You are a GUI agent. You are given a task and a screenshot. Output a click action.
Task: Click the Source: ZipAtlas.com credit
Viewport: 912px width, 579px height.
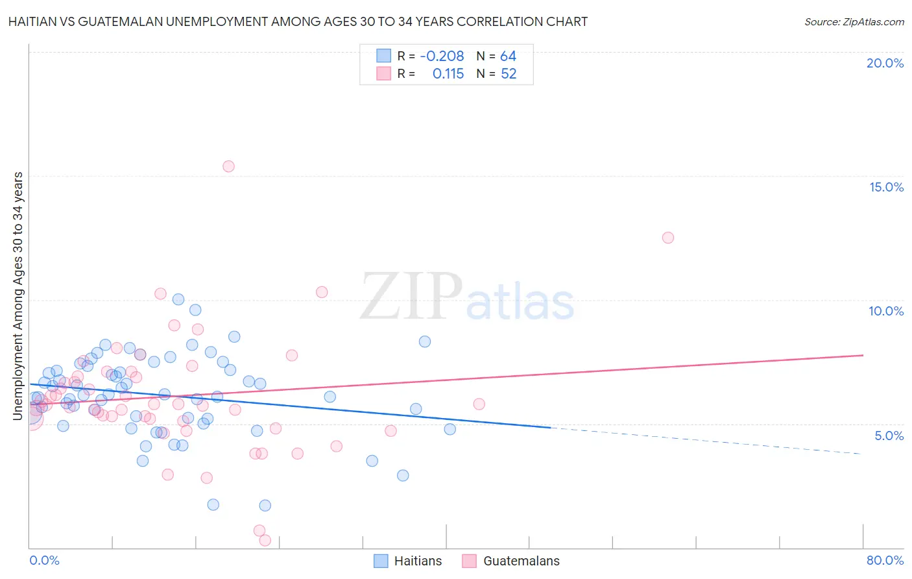coord(854,21)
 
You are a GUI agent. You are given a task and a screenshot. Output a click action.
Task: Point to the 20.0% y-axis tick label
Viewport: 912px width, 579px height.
coord(885,63)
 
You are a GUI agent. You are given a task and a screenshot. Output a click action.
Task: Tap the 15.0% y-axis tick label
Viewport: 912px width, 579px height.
coord(886,187)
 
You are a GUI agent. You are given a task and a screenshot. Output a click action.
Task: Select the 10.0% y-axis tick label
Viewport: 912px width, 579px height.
coord(886,311)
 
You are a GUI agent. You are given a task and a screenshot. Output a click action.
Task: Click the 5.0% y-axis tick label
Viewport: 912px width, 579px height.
coord(889,436)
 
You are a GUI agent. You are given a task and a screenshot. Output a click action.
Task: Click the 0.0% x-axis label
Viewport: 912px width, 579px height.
coord(44,560)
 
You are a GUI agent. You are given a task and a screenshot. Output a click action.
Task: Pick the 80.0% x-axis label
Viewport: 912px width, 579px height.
coord(885,560)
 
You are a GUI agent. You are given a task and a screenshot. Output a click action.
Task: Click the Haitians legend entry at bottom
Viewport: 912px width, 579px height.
coord(408,561)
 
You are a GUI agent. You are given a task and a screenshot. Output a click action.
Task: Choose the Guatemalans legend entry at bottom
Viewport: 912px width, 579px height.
coord(510,561)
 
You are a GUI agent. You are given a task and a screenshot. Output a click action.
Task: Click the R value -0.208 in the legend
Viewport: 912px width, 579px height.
coord(442,56)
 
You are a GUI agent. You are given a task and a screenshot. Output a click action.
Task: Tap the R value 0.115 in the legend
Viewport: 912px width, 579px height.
coord(448,74)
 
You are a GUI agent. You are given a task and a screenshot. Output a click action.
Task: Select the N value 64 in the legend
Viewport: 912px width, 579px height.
coord(508,56)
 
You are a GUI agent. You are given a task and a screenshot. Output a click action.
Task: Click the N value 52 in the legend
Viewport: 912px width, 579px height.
coord(509,74)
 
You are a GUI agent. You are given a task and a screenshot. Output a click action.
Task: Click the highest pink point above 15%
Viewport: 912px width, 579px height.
coord(228,166)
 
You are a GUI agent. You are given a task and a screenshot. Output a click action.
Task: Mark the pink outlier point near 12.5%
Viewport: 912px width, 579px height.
coord(668,238)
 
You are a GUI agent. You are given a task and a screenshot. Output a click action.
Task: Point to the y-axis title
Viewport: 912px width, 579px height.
coord(18,295)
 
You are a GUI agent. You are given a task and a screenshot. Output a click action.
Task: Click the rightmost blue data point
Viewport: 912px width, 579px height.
coord(450,429)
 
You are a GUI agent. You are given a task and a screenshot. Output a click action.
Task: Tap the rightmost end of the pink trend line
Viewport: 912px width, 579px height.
coord(863,355)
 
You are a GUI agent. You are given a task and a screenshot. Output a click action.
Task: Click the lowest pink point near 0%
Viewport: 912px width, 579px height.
coord(265,540)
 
